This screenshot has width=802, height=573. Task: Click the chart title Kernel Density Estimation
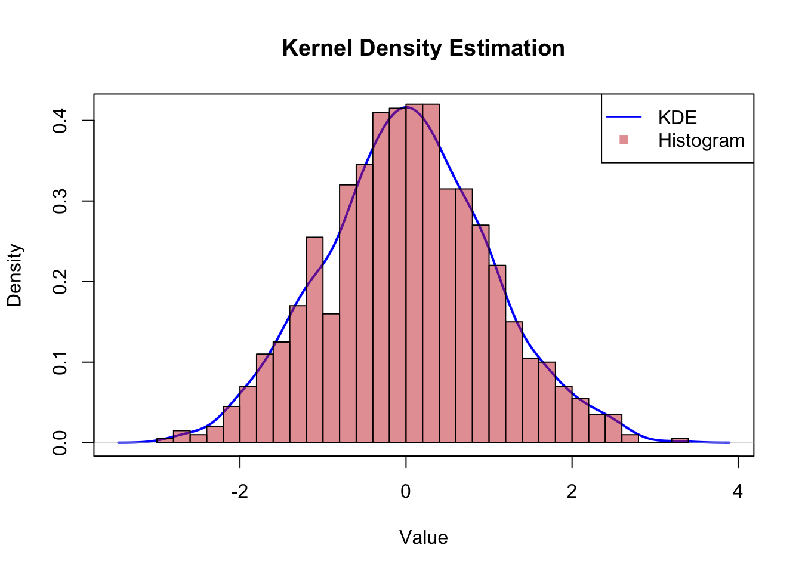423,48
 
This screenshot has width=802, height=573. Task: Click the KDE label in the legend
677,118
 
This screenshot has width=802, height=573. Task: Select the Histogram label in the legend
701,140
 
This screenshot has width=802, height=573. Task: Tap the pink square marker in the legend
624,140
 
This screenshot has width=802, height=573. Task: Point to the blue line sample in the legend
624,117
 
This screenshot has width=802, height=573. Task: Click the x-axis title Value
423,538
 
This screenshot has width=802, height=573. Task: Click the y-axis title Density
14,275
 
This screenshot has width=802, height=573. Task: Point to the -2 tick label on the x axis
239,492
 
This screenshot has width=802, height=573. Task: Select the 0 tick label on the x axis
406,492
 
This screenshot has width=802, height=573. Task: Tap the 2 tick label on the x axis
572,492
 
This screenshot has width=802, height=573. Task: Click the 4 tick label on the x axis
738,492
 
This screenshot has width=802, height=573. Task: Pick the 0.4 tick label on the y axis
60,121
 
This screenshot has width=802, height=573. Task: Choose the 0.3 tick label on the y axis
60,201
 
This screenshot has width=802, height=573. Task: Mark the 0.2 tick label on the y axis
60,282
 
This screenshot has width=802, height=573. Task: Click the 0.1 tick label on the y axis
60,362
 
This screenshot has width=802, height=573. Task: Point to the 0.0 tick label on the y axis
60,443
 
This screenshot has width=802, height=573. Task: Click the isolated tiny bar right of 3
680,440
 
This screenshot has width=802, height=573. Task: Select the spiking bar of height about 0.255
314,340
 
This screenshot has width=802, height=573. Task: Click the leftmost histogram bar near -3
165,440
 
